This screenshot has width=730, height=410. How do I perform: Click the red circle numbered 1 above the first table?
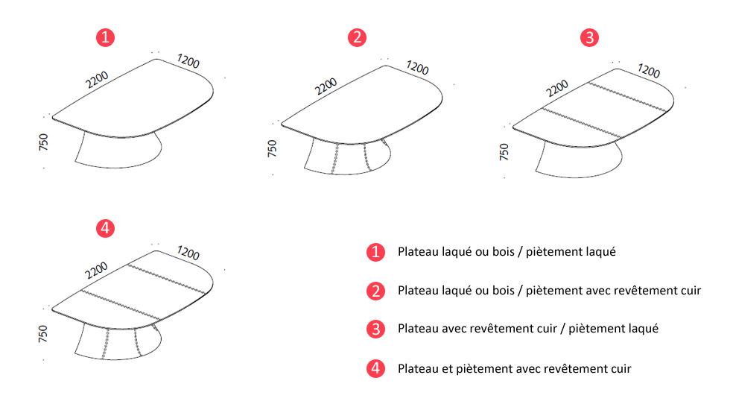click(105, 37)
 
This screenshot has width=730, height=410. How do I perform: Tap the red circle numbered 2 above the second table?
click(357, 37)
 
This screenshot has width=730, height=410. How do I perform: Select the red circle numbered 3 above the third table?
click(589, 38)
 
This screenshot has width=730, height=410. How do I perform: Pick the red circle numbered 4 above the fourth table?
click(105, 228)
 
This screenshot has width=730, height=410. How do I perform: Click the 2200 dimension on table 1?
click(97, 80)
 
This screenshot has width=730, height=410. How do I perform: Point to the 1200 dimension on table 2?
click(418, 68)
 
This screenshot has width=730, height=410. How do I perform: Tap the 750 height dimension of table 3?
click(504, 152)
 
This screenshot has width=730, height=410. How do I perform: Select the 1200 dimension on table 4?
click(188, 253)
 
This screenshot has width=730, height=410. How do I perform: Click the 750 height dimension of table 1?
click(43, 142)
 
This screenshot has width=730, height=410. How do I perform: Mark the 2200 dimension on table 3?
click(557, 89)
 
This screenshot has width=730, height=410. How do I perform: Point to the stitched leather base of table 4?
click(118, 342)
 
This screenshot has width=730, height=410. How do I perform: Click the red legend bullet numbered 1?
click(375, 252)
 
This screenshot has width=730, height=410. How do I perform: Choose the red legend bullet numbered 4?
click(375, 368)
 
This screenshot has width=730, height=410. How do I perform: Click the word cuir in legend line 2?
click(691, 291)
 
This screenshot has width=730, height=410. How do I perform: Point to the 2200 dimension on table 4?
click(96, 271)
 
